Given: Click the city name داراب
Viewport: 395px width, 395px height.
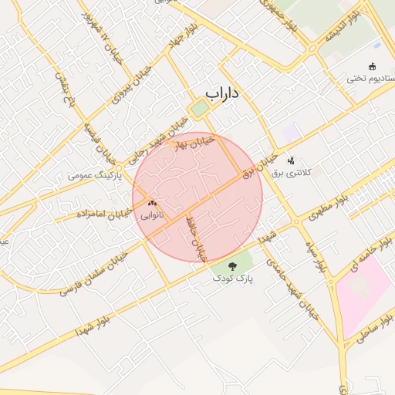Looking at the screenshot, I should [223, 94].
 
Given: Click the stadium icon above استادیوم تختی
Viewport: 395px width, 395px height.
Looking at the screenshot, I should [373, 66].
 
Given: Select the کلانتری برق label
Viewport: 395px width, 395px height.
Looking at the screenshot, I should [290, 173].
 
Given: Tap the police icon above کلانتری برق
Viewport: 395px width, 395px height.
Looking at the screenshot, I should [291, 160].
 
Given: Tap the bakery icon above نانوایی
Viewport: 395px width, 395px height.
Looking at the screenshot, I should [150, 204].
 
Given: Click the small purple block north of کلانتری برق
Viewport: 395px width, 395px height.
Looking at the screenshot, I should [290, 133].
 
